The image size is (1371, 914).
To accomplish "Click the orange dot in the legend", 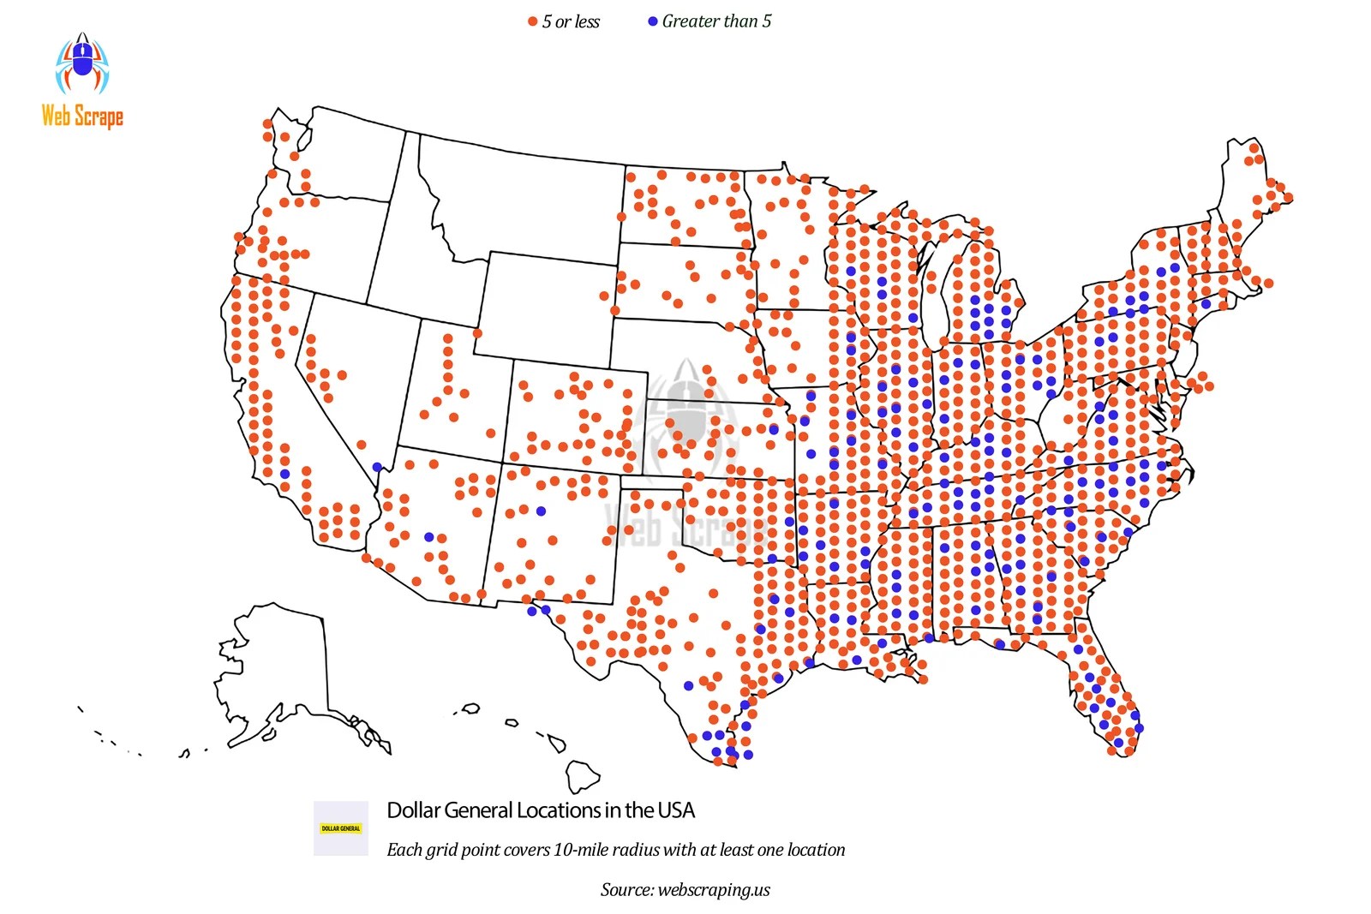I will coord(532,21).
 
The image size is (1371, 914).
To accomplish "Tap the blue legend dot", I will coord(653,21).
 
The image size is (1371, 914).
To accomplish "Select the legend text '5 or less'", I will coord(571,21).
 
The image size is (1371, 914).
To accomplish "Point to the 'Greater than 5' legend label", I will coord(716,21).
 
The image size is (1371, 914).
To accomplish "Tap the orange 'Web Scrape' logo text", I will coord(82,116).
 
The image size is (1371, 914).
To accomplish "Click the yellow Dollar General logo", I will coord(341,828).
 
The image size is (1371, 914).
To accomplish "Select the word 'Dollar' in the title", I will coord(414,810).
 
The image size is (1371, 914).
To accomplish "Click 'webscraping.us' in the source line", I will coord(714,889).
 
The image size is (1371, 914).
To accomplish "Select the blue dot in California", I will coord(285,474).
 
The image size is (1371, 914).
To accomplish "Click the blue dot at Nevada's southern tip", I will coord(377,467).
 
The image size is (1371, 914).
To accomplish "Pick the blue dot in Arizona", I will coord(428,537).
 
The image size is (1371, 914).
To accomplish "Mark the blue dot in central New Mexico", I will coord(541,511).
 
